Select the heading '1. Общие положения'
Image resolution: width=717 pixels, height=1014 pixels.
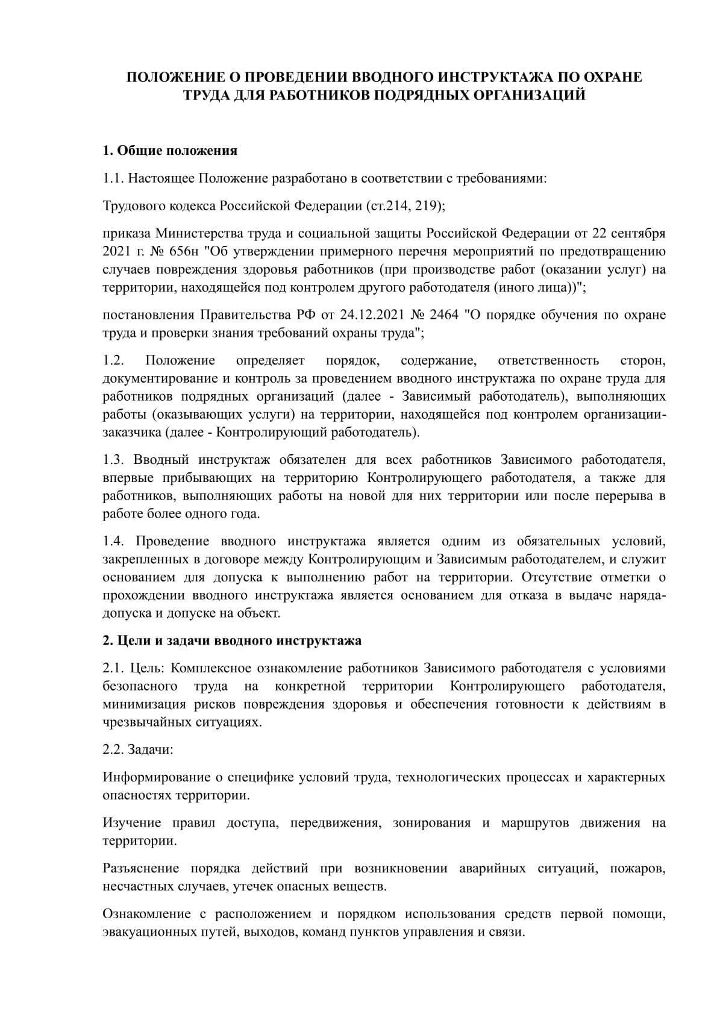(x=170, y=151)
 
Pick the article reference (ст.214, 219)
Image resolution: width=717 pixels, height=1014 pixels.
(x=405, y=205)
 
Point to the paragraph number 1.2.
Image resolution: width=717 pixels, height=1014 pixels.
(x=113, y=360)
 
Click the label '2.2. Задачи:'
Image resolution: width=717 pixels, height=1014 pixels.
(x=138, y=750)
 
